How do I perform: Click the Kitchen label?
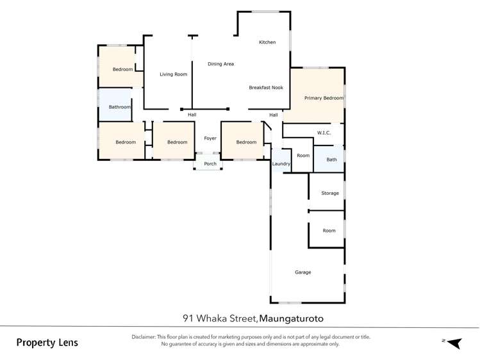pos(267,42)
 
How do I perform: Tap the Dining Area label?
pos(220,64)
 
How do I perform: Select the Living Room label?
pos(173,74)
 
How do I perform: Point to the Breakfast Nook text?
pos(266,87)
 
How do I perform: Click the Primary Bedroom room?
pos(324,98)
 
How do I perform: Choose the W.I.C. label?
pos(323,133)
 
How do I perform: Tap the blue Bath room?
pos(331,160)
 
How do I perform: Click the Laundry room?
pos(281,164)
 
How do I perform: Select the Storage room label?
pos(329,193)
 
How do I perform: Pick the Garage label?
pos(302,272)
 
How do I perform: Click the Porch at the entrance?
pos(210,164)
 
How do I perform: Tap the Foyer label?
pos(210,138)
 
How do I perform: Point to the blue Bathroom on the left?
pos(119,107)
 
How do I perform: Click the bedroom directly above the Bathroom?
pos(122,69)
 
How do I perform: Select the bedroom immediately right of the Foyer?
pos(245,142)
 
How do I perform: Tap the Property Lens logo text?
pos(47,343)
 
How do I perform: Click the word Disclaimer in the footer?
pos(143,337)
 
